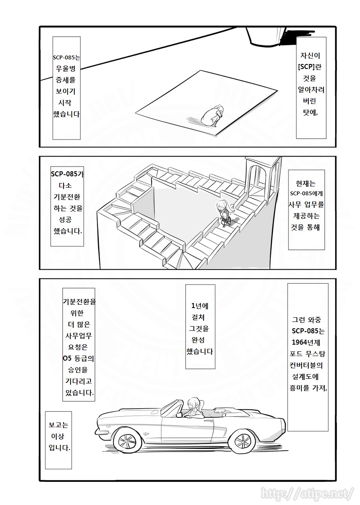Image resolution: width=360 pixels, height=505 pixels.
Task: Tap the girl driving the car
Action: (194, 407)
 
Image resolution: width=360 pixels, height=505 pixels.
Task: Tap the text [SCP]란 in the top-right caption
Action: (311, 67)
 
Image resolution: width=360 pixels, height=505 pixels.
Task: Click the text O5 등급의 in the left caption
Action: (78, 359)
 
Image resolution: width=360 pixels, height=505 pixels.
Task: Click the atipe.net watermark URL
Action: (307, 493)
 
